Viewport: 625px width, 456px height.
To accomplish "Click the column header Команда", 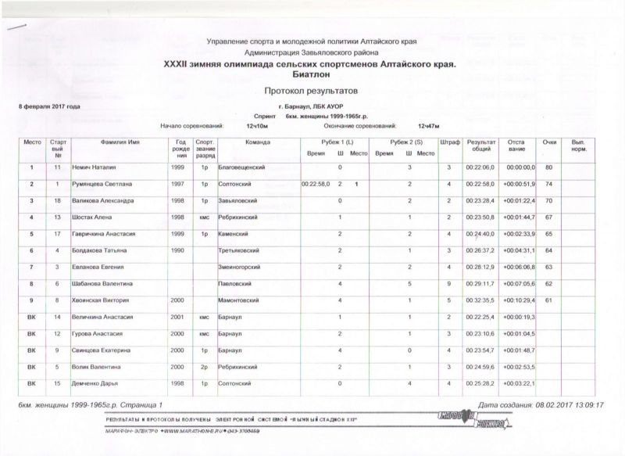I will pyautogui.click(x=257, y=144).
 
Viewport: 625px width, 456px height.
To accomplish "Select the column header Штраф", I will pyautogui.click(x=449, y=144).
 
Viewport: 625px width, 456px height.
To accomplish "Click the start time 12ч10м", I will pyautogui.click(x=258, y=125).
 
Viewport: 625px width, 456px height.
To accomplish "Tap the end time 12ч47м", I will pyautogui.click(x=429, y=125).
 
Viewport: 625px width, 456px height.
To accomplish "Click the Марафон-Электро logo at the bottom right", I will pyautogui.click(x=484, y=422).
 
